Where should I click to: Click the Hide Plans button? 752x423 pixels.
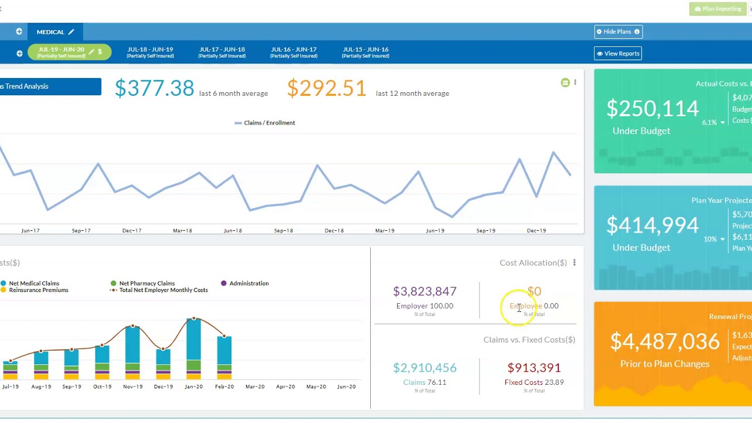617,32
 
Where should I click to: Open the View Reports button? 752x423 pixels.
617,53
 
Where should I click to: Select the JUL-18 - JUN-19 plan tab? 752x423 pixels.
150,52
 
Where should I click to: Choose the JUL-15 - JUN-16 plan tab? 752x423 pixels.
365,52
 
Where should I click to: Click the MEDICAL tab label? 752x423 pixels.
51,32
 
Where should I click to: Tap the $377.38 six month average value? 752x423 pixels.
154,88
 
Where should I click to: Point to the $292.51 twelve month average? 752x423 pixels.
327,88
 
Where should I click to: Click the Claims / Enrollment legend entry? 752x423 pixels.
265,123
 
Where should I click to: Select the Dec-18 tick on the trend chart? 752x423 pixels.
334,230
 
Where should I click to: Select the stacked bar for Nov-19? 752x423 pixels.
132,352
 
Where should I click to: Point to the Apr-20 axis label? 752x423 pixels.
286,387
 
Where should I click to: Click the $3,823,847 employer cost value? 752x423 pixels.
425,291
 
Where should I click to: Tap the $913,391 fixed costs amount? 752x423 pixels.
534,368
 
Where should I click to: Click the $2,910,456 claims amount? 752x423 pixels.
425,368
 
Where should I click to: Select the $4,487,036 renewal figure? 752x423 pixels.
664,341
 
